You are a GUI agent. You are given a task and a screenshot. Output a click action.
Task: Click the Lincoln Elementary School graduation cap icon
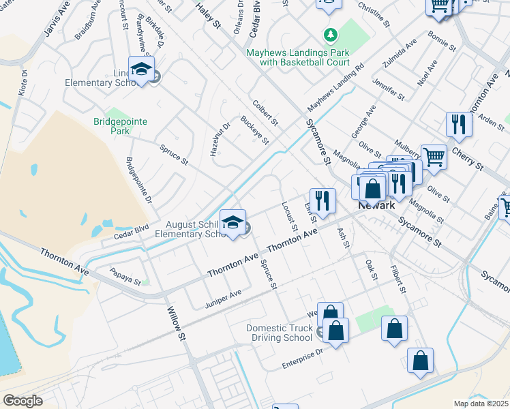point(141,70)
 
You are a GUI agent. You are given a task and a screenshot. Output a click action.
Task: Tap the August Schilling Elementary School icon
point(232,224)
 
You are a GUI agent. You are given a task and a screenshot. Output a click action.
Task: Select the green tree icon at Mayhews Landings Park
point(330,34)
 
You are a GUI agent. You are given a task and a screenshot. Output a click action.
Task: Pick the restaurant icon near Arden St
point(458,124)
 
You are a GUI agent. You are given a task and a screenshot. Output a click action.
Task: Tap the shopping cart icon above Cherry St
point(434,157)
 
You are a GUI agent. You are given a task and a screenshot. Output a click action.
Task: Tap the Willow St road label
point(177,324)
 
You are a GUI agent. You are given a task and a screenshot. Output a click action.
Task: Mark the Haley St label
point(209,14)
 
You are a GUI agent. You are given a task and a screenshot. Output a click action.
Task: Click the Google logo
point(22,401)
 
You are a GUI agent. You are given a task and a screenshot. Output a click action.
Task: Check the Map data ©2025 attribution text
point(481,404)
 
